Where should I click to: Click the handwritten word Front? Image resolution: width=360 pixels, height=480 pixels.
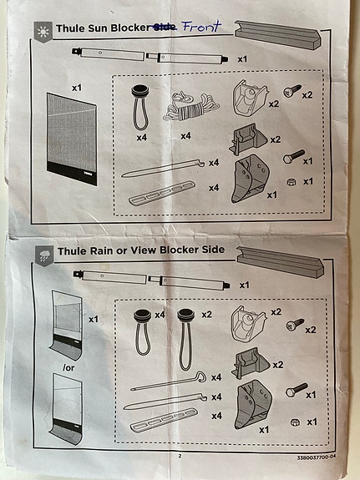coord(203,27)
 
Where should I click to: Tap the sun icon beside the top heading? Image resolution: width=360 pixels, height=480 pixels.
coord(43,28)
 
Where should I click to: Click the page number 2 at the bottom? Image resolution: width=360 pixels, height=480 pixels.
coord(179,456)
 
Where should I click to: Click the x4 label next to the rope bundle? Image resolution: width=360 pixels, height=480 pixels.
coord(185,134)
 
